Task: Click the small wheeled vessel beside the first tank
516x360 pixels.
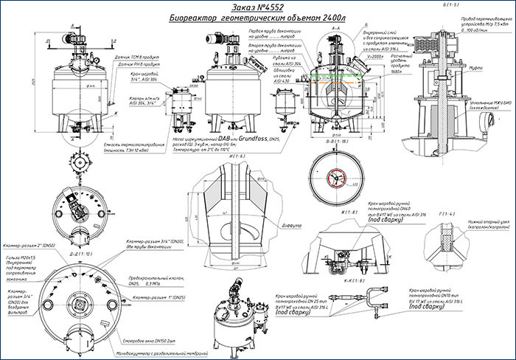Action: click(179, 107)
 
